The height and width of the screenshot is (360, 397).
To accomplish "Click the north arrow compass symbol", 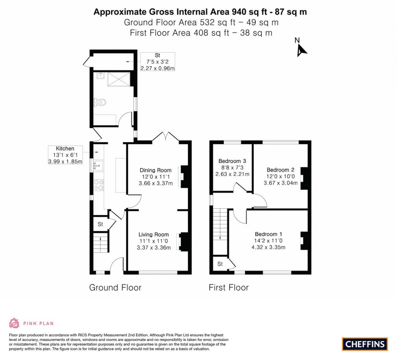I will coord(301,49).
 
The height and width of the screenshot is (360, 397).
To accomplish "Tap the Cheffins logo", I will coord(364,344).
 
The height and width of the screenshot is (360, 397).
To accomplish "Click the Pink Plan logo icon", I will coord(14,323).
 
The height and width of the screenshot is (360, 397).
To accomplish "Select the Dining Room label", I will coord(156,170).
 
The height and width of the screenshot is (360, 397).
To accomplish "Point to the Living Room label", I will coord(154,234).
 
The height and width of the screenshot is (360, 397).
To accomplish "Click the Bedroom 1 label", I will coord(268,234).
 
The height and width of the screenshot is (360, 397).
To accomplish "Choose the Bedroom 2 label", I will coord(280,170).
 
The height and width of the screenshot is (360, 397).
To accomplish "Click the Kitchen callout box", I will coord(65,155).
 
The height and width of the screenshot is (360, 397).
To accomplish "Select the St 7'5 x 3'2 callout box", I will coord(158,62).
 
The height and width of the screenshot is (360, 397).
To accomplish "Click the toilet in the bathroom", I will coord(100,102).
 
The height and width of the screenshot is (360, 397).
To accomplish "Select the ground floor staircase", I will coord(101,242).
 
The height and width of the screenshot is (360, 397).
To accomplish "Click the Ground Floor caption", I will coord(115,287).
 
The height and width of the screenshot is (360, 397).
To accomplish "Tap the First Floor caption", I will coord(228,287).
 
